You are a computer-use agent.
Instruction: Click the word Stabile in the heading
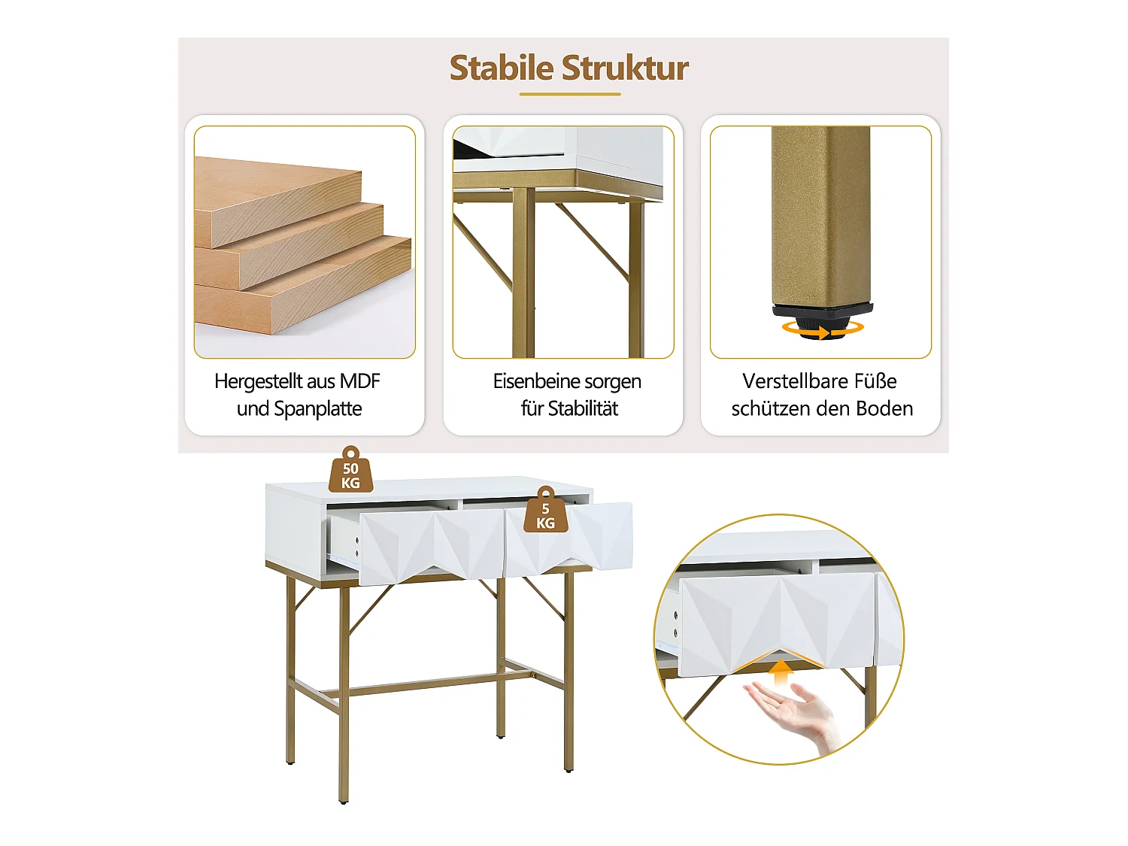pyautogui.click(x=501, y=68)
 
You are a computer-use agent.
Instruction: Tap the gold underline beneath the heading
pyautogui.click(x=570, y=94)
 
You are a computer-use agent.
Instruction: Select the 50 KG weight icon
pyautogui.click(x=350, y=472)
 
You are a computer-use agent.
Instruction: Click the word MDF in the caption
pyautogui.click(x=359, y=381)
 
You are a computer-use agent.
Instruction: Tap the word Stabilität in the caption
pyautogui.click(x=583, y=409)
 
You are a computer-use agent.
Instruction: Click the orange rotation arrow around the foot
pyautogui.click(x=821, y=329)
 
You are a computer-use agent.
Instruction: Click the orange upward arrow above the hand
pyautogui.click(x=782, y=672)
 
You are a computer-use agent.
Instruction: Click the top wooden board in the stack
pyautogui.click(x=278, y=196)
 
